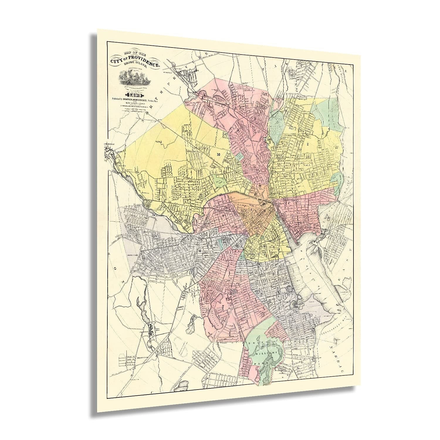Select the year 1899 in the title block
[x=135, y=94]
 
